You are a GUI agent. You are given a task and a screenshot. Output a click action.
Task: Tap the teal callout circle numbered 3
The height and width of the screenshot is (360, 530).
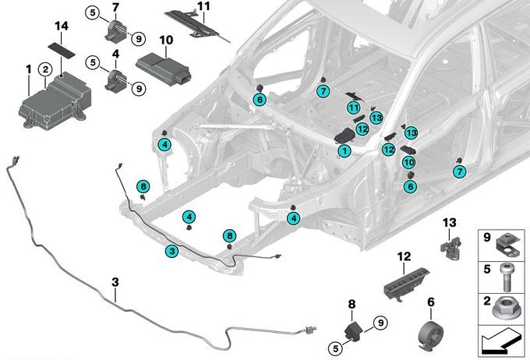(x=171, y=251)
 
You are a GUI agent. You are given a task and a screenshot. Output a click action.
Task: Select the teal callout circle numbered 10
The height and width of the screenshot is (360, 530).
(x=409, y=162)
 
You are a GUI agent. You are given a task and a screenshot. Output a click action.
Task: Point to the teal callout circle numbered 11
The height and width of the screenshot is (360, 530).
(x=354, y=108)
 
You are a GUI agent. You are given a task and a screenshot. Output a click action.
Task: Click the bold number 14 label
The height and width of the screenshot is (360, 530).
(x=62, y=26)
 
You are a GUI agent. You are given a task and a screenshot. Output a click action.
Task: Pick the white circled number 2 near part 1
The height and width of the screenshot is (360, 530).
(x=46, y=69)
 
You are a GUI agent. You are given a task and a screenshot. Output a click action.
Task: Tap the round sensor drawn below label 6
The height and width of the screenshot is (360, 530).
(x=429, y=334)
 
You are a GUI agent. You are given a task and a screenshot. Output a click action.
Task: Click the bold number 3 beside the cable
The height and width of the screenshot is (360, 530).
(x=115, y=296)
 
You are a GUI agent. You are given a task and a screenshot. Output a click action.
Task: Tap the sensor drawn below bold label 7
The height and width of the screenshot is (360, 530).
(x=116, y=32)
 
